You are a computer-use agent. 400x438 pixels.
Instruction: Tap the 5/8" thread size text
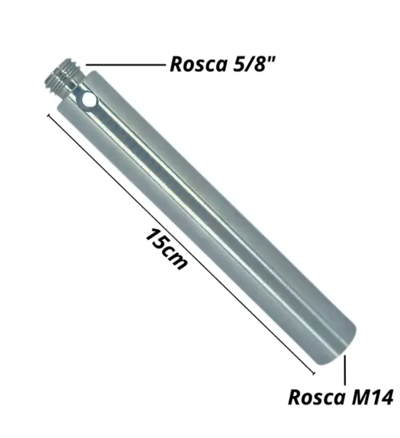click(254, 64)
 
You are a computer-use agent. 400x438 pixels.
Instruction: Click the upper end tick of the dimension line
click(48, 116)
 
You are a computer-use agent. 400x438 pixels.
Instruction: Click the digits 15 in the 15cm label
click(155, 238)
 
